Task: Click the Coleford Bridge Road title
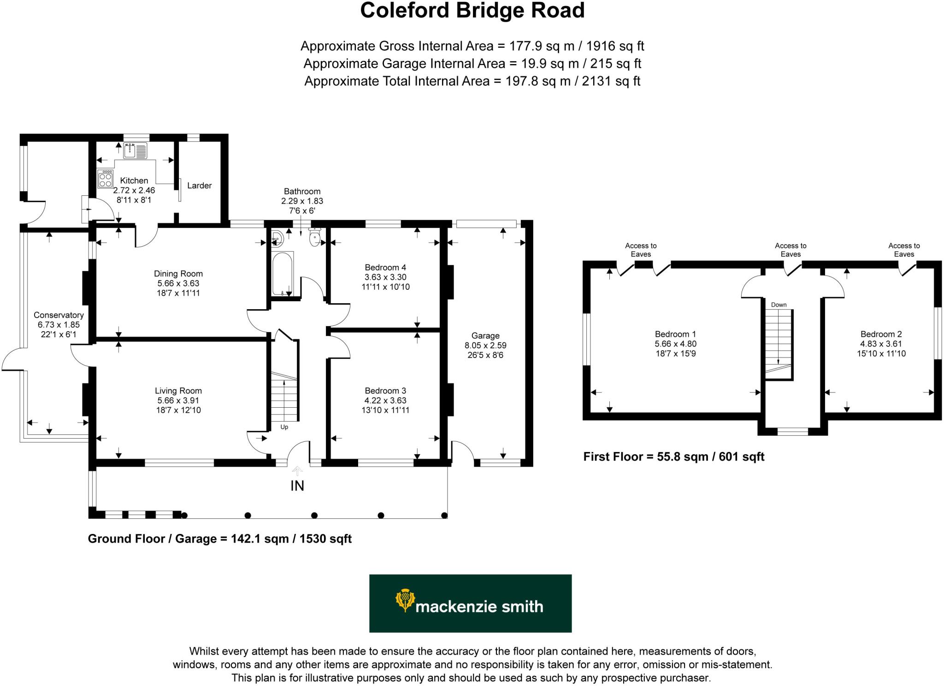(472, 10)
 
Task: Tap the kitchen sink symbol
(135, 150)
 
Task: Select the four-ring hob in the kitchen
(106, 179)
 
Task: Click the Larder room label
(199, 186)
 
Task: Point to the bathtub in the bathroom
(283, 273)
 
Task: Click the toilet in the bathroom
(315, 238)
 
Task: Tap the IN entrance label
(297, 486)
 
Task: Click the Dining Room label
(178, 274)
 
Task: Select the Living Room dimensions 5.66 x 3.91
(178, 401)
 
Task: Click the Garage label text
(485, 336)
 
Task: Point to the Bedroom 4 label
(385, 267)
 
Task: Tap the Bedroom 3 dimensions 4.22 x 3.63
(385, 401)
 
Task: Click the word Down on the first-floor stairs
(779, 305)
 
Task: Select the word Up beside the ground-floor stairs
(284, 427)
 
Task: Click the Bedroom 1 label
(675, 334)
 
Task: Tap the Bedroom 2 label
(881, 334)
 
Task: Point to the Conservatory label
(59, 315)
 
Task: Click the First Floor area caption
(673, 457)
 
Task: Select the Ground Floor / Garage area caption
(219, 539)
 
